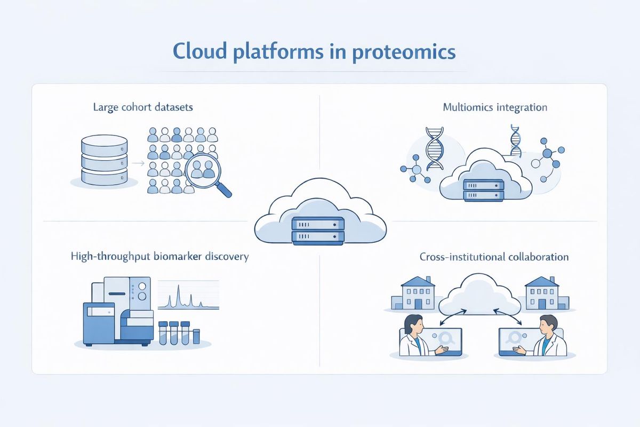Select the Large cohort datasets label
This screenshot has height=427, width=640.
tap(143, 107)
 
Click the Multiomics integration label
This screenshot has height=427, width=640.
tap(495, 107)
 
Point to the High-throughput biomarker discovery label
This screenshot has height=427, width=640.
tap(159, 257)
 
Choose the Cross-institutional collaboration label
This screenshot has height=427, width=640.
tap(494, 257)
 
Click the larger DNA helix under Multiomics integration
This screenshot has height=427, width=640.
tap(434, 148)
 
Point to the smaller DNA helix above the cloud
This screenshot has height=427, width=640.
tap(515, 141)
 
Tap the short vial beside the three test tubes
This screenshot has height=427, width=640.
tap(196, 336)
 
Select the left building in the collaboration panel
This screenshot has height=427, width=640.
tap(413, 293)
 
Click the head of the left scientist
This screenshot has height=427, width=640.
tap(414, 324)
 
